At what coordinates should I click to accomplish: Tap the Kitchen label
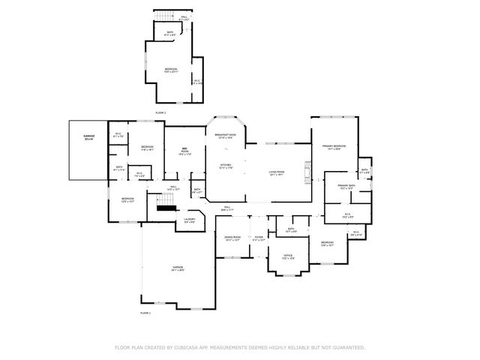pos(226,166)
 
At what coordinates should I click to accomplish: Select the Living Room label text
pos(277,172)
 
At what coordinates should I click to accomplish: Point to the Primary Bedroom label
pos(334,146)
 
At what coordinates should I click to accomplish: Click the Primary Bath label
pos(346,187)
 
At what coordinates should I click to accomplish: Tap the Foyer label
pos(258,238)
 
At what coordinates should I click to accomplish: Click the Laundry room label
pos(190,220)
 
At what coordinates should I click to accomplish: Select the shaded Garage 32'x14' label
pos(88,138)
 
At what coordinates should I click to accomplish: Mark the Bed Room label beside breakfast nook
pos(184,151)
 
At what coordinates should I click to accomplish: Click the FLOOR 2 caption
pos(160,112)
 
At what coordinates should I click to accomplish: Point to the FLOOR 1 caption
pos(145,312)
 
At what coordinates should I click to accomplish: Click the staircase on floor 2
pos(164,17)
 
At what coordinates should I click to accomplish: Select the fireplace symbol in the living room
pos(306,172)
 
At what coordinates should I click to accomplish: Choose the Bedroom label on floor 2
pos(171,70)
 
